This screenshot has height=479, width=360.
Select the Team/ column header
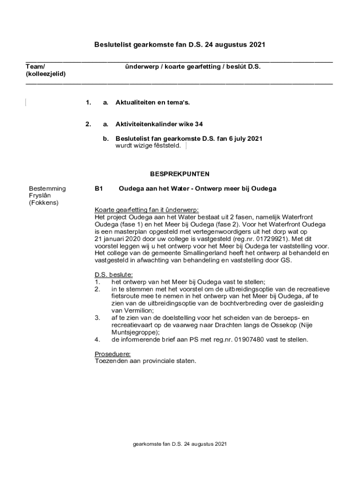coord(36,67)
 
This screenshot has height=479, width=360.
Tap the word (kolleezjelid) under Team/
coord(46,74)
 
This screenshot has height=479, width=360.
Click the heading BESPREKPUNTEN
coord(180,174)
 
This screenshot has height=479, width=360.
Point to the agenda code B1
coord(99,189)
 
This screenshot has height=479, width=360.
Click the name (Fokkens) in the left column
coord(43,203)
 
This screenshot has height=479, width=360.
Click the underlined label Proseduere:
coord(113,354)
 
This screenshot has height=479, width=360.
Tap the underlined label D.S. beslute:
coord(114,275)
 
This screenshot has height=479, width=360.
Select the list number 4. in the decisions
coord(97,340)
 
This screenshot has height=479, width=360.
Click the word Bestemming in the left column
coord(47,189)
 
